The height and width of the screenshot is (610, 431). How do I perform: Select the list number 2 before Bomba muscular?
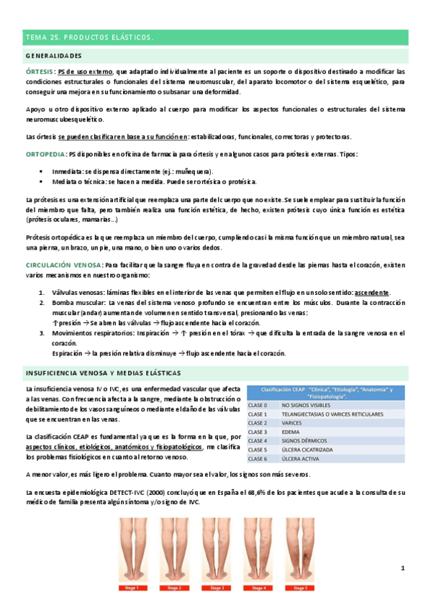tap(42, 304)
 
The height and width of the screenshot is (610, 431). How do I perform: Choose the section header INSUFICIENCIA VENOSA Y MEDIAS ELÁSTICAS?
tap(103, 373)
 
